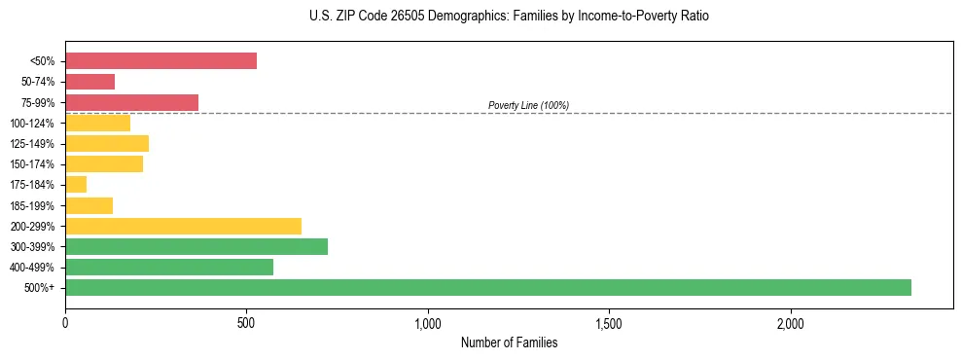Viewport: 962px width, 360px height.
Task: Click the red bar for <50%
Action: (160, 61)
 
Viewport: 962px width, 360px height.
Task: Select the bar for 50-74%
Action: (89, 82)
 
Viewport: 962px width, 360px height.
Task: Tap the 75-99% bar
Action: (131, 102)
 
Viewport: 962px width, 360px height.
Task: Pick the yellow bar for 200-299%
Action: (183, 226)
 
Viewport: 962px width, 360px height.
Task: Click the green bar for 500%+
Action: (487, 287)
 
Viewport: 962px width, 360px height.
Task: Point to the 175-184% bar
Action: (76, 185)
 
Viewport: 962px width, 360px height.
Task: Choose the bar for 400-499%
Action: (169, 267)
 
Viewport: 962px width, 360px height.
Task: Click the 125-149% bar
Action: (107, 143)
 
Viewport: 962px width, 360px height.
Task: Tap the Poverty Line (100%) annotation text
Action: (528, 105)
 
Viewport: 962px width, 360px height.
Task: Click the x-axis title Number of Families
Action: (509, 342)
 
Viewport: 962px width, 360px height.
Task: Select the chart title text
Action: (509, 17)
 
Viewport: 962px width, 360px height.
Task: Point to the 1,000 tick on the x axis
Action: (428, 322)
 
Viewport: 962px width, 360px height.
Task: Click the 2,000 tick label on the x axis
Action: (791, 322)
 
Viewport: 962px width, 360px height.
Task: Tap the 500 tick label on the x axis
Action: (247, 322)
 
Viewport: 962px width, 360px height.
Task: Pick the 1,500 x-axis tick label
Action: (609, 322)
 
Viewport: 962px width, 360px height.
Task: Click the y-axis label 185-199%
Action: (32, 205)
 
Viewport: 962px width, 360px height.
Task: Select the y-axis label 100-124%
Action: (32, 124)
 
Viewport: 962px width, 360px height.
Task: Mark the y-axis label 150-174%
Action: (32, 164)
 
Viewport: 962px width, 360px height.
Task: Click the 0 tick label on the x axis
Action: (65, 322)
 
